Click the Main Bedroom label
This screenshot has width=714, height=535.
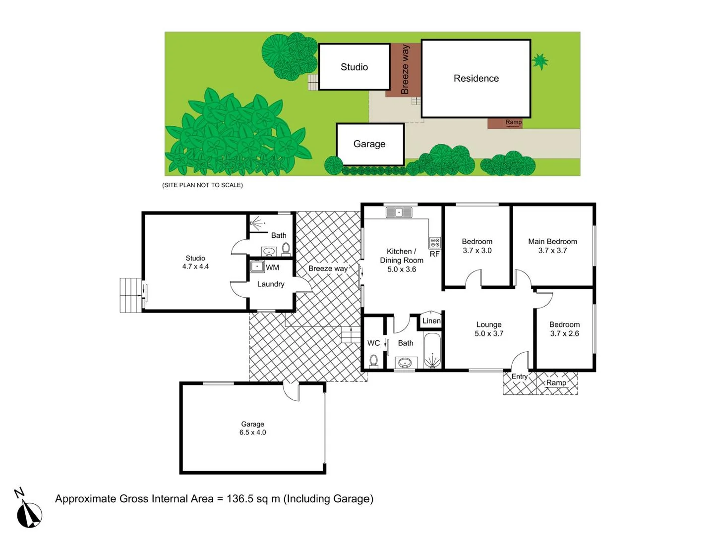click(x=552, y=242)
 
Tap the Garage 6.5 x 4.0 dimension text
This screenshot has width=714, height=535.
click(x=252, y=432)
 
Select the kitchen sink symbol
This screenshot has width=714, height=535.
click(x=399, y=213)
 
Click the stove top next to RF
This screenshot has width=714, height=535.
click(x=435, y=242)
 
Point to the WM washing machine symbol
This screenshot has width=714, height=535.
click(x=257, y=267)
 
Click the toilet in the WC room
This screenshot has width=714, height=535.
click(x=373, y=360)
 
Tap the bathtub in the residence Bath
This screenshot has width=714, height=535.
click(x=432, y=351)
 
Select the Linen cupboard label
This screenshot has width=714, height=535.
click(x=431, y=321)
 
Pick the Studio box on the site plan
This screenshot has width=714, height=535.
click(x=354, y=67)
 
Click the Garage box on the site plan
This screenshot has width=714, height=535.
click(x=369, y=144)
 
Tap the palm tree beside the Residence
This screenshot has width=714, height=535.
click(x=540, y=61)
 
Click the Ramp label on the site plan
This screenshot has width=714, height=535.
click(x=513, y=122)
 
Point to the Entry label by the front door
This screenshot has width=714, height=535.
click(x=519, y=376)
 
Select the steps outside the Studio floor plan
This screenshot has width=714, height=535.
click(x=130, y=295)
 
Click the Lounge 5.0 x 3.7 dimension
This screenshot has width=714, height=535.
click(x=489, y=334)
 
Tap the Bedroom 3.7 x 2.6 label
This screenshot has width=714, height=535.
click(x=564, y=329)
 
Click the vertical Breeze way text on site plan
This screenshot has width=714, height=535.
click(x=405, y=69)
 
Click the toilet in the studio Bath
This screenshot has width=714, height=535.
click(x=286, y=248)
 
